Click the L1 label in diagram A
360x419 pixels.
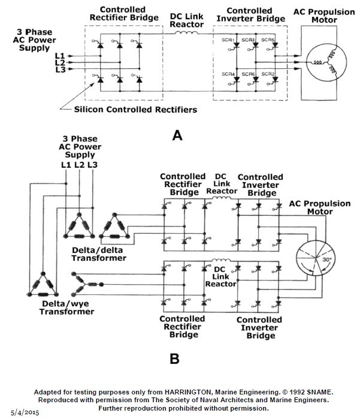59,56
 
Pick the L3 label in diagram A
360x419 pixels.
59,70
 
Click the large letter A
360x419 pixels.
177,135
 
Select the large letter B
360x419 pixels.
174,358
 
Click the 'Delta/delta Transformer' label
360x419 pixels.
99,254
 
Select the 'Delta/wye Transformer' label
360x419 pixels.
67,308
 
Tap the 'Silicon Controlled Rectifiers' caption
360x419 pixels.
135,110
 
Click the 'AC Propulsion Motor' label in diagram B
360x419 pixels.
319,207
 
